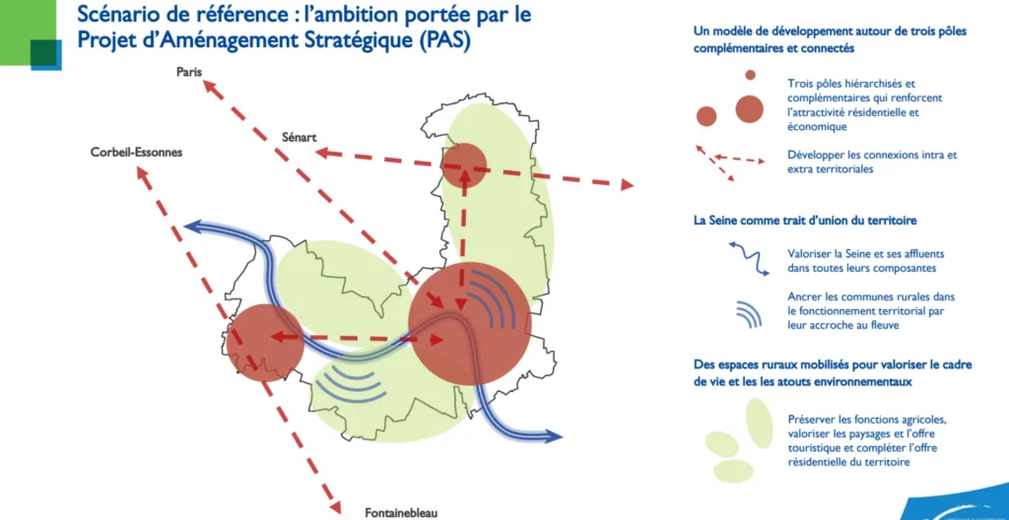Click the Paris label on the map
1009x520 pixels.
point(189,72)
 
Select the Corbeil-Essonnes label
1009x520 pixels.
point(136,154)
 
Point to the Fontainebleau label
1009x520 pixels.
point(402,513)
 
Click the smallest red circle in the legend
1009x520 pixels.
point(750,75)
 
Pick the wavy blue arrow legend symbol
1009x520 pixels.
point(749,257)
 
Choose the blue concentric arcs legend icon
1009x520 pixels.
point(750,313)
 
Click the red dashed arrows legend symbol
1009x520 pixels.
point(729,163)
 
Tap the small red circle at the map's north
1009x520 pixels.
point(463,166)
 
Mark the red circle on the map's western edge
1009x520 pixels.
point(265,343)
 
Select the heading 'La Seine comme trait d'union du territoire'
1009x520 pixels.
point(805,220)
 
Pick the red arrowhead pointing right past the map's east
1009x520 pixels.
point(626,185)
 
